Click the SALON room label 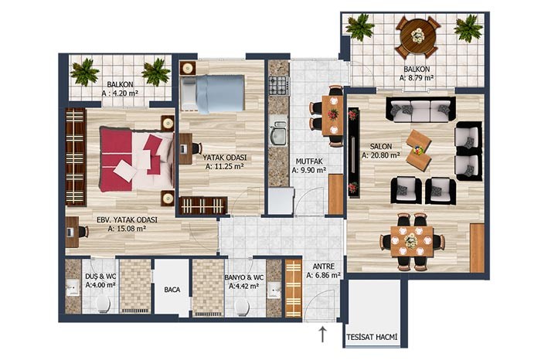click(x=381, y=146)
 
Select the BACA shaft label click(x=172, y=290)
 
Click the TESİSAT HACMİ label click(x=372, y=337)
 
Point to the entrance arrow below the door click(x=322, y=335)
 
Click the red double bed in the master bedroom click(x=137, y=159)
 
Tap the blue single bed click(x=213, y=93)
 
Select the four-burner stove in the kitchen click(x=278, y=86)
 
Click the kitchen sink click(x=278, y=134)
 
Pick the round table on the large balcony click(x=418, y=36)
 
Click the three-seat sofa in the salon click(x=420, y=109)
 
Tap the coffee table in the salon click(x=419, y=151)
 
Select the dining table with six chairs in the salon click(x=412, y=241)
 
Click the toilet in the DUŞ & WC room click(x=103, y=304)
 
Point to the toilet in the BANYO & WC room click(x=242, y=306)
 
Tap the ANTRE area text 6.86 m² click(x=324, y=275)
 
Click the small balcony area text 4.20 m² click(x=120, y=93)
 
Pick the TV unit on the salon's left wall click(x=353, y=152)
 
